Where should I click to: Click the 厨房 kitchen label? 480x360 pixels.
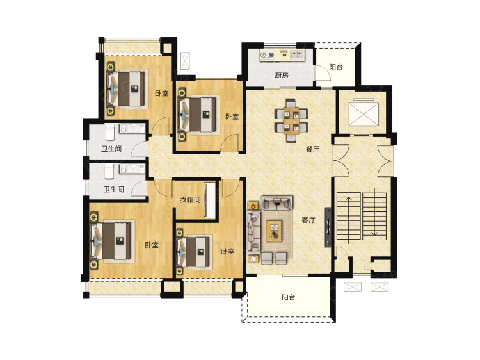click(x=282, y=75)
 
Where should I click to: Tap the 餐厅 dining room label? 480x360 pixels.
click(x=312, y=149)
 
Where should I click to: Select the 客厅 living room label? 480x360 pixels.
click(x=308, y=220)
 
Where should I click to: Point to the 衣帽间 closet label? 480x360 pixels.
click(x=190, y=200)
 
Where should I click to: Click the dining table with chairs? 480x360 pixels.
click(x=291, y=120)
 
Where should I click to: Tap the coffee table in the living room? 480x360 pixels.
click(x=274, y=231)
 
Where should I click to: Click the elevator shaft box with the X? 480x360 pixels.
click(x=364, y=114)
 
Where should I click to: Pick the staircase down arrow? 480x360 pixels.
click(x=374, y=212)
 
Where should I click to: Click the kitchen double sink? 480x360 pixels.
click(x=296, y=55)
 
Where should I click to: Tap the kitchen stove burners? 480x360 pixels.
click(x=268, y=55)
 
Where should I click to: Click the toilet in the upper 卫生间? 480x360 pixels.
click(x=110, y=131)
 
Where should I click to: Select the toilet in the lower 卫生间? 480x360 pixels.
click(x=109, y=171)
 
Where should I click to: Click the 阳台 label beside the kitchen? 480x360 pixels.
click(x=336, y=67)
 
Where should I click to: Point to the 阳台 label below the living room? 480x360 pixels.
click(x=289, y=297)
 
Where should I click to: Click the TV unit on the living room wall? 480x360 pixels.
click(x=328, y=227)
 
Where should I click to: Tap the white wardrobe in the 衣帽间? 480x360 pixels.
click(x=211, y=200)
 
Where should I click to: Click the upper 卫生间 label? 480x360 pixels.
click(x=111, y=149)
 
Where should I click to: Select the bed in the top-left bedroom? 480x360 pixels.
click(x=127, y=89)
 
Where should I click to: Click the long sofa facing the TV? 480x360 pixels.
click(x=254, y=231)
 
